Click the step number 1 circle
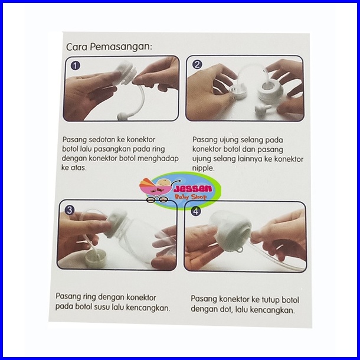coord(76,66)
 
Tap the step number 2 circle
coord(197,64)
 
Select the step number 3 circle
coord(69,210)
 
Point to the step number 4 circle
coord(195,211)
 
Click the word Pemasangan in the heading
coord(121,47)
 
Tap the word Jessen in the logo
coord(193,189)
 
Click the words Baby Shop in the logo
coord(191,197)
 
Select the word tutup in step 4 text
coord(271,300)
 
